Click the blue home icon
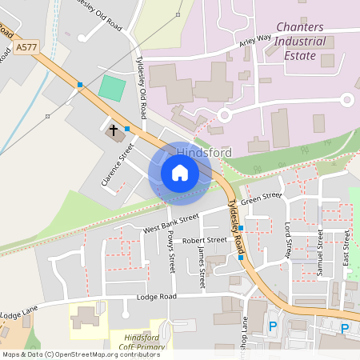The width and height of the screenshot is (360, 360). click(180, 173)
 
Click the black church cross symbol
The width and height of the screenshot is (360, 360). click(114, 129)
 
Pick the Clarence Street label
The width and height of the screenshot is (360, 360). click(117, 161)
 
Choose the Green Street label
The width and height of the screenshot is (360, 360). click(262, 198)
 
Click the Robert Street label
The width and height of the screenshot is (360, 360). click(204, 240)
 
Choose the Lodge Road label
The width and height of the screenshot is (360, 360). click(156, 297)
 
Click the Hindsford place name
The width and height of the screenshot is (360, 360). click(203, 152)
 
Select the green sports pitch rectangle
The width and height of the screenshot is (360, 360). click(113, 88)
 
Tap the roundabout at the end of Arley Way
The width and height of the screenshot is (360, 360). click(347, 100)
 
